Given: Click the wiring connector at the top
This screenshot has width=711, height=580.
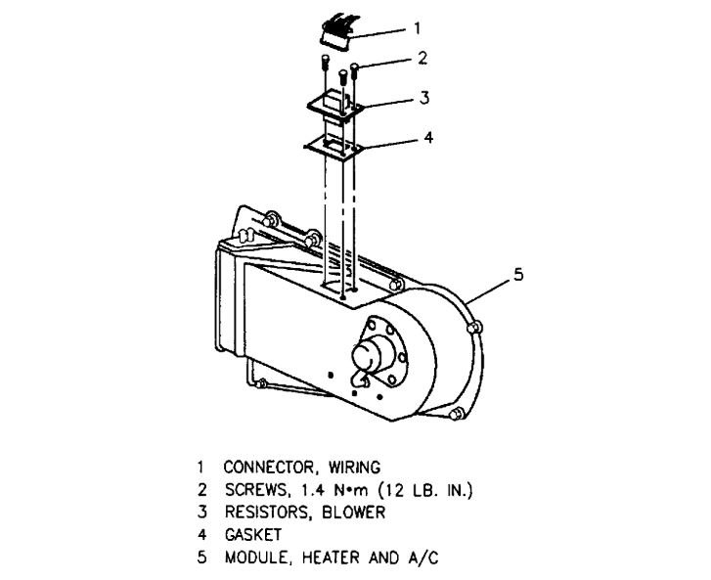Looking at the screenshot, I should pyautogui.click(x=336, y=29).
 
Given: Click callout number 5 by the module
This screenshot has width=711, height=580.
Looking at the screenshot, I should pyautogui.click(x=518, y=276).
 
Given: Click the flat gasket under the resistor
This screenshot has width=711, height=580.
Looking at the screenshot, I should pyautogui.click(x=333, y=145).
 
